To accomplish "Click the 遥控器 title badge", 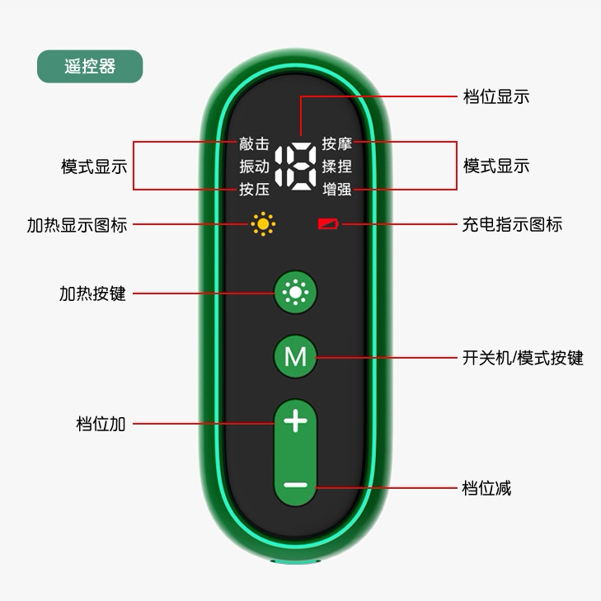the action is pyautogui.click(x=90, y=67).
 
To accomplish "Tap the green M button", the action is pyautogui.click(x=295, y=357).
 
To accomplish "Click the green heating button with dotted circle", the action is pyautogui.click(x=295, y=292).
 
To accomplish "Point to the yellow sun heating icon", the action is pyautogui.click(x=263, y=223).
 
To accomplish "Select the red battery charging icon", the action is pyautogui.click(x=329, y=223).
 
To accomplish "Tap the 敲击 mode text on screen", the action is pyautogui.click(x=254, y=143).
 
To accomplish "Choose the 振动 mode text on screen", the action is pyautogui.click(x=254, y=167).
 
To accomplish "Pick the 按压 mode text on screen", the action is pyautogui.click(x=254, y=190).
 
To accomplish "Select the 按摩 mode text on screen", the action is pyautogui.click(x=337, y=143).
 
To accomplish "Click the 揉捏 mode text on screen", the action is pyautogui.click(x=337, y=167).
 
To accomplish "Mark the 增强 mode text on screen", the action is pyautogui.click(x=337, y=190).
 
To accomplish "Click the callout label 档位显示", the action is pyautogui.click(x=496, y=96).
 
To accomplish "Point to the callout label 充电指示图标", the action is pyautogui.click(x=512, y=223).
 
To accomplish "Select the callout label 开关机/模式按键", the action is pyautogui.click(x=523, y=358).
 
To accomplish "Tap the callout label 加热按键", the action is pyautogui.click(x=92, y=293).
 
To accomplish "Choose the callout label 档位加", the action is pyautogui.click(x=101, y=424).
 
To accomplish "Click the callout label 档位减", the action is pyautogui.click(x=487, y=488).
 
